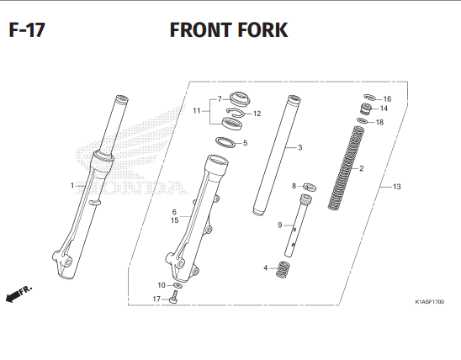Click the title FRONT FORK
coord(228,30)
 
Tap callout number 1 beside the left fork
coord(72,185)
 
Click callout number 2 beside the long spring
coord(361,168)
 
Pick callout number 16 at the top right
coord(387,98)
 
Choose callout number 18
coord(379,122)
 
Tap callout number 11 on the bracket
coord(196,110)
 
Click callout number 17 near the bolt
coord(156,299)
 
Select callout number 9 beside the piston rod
coord(279,225)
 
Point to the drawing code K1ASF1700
coord(429,301)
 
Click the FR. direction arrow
coord(18,294)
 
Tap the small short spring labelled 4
coord(283,269)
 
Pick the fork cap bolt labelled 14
coord(367,110)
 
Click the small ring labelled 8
coord(308,186)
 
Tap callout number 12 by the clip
coord(257,114)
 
